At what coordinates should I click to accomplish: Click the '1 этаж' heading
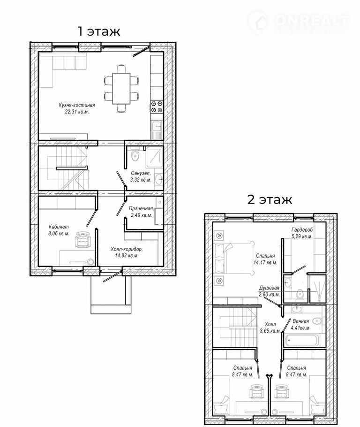tap(99, 31)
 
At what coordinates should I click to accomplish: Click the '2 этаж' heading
tap(270, 199)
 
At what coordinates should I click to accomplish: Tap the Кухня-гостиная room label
tap(77, 105)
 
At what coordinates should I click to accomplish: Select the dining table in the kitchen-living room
tap(121, 88)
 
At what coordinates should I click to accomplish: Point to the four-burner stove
tap(157, 107)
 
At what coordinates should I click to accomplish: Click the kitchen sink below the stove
tap(157, 130)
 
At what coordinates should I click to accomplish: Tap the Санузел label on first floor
tap(141, 173)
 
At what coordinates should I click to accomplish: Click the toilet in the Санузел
tap(135, 155)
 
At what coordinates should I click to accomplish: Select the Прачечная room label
tap(141, 209)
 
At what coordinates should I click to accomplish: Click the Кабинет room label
tap(59, 227)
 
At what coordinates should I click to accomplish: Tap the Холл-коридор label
tap(127, 249)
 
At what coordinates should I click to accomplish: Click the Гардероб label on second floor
tap(302, 230)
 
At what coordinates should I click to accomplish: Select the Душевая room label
tap(269, 288)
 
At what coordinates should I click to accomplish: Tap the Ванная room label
tap(300, 321)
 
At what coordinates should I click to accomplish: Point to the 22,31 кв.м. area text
tap(77, 112)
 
